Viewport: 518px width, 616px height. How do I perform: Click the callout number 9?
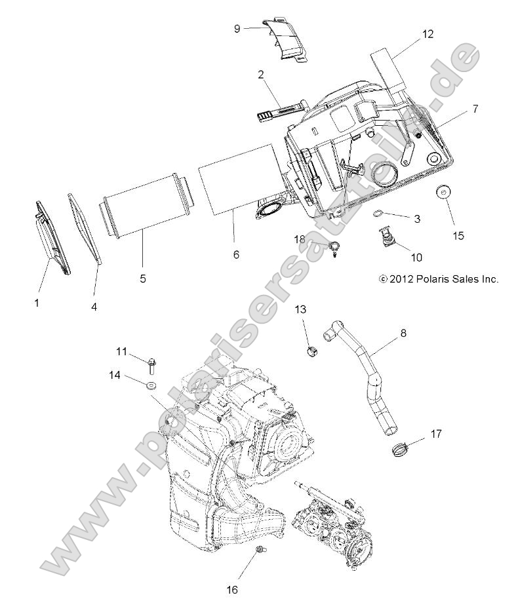coord(237,28)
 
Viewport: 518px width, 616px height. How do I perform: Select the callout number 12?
coord(427,34)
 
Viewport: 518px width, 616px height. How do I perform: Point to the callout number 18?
coord(300,241)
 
